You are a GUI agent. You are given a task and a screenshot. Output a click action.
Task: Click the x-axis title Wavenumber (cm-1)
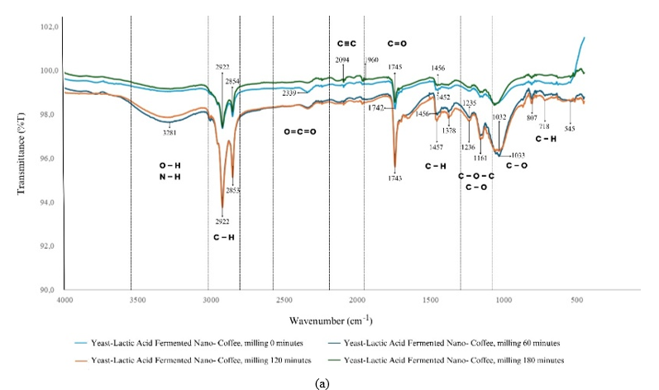[330, 320]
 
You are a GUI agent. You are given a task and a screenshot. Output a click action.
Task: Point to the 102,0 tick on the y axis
[50, 27]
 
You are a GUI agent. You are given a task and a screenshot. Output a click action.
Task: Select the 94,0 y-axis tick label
[50, 202]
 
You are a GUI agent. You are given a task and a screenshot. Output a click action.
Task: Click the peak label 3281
[170, 131]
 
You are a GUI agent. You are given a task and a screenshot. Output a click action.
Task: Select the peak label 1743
[396, 178]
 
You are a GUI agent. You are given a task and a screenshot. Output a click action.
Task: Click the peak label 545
[570, 129]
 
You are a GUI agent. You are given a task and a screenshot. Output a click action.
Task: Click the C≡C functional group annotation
[346, 41]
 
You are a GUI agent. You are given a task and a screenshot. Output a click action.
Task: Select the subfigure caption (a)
[330, 382]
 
